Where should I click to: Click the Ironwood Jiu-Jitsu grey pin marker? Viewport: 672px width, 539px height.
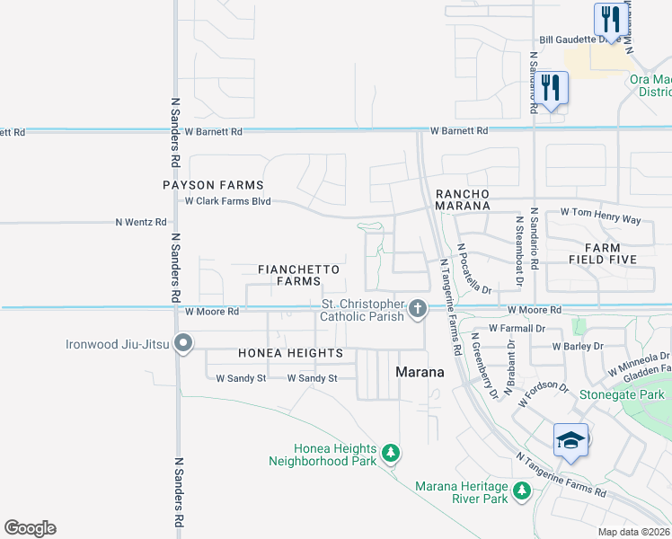[184, 343]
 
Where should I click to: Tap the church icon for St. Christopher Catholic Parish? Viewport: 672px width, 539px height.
[417, 309]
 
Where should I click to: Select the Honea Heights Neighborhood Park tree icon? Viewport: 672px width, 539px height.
[391, 452]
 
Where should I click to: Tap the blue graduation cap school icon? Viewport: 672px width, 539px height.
[570, 440]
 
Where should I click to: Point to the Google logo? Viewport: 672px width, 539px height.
[30, 528]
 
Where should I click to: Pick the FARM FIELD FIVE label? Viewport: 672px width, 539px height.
[609, 252]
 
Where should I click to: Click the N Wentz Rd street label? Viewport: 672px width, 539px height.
[142, 222]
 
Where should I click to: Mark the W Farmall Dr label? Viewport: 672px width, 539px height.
[517, 328]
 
